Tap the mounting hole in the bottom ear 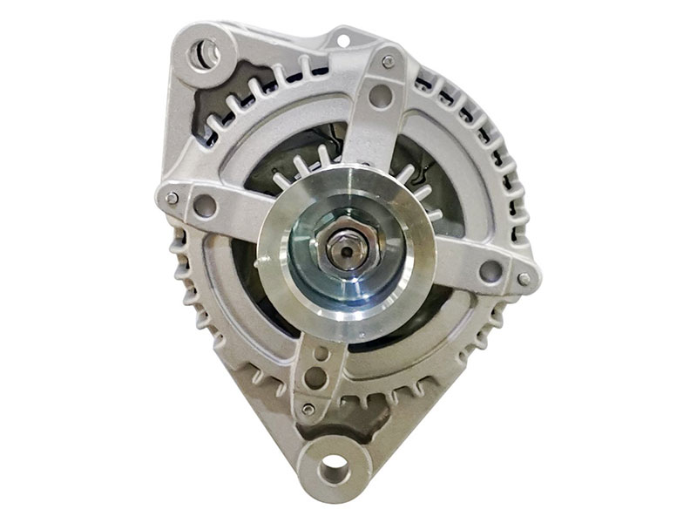click(334, 472)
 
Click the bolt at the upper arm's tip click(388, 61)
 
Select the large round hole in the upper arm click(380, 96)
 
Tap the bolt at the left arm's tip click(173, 198)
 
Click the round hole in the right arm click(491, 270)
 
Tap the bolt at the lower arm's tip click(307, 409)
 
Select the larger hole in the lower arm click(315, 378)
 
